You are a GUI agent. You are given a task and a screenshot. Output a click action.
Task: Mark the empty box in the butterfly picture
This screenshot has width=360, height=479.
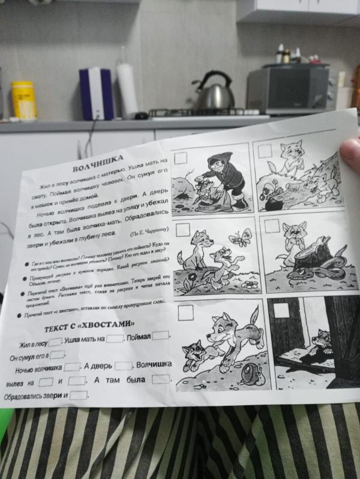tap(183, 230)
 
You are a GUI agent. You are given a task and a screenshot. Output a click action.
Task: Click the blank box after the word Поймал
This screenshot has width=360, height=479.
tap(161, 336)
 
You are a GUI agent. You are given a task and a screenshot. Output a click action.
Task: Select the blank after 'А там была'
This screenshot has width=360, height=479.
tap(160, 379)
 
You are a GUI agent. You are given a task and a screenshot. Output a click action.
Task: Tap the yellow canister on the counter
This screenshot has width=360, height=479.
tap(24, 100)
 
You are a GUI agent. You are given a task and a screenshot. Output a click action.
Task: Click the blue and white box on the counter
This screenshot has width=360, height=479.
tap(96, 94)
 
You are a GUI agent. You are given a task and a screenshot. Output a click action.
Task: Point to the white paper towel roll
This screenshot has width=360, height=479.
tap(127, 91)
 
